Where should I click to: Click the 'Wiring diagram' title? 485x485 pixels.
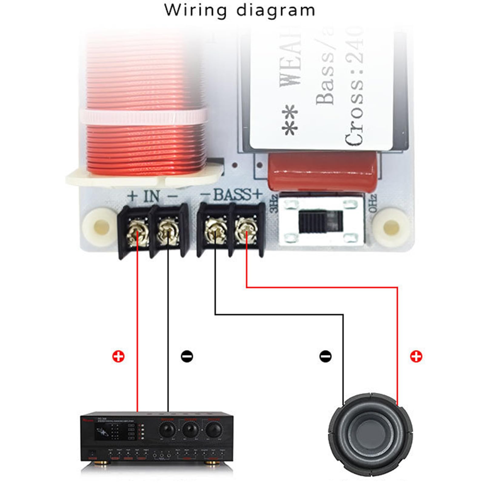(239, 10)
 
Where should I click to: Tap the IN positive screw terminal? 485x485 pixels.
(137, 233)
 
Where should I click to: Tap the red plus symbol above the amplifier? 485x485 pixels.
(118, 356)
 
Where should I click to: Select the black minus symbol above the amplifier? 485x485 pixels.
(187, 356)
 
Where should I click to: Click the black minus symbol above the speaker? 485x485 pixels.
(326, 356)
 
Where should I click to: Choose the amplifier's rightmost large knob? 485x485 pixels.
(213, 430)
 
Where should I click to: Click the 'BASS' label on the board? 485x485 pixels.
(232, 195)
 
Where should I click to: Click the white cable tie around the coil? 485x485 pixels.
(144, 116)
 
